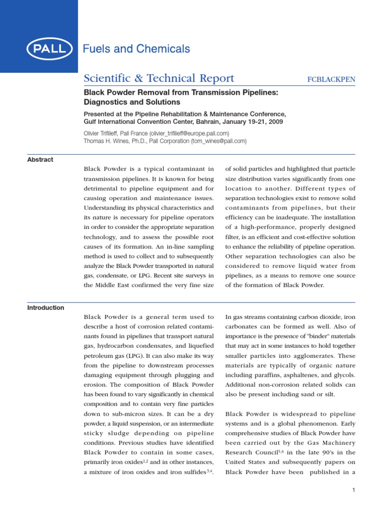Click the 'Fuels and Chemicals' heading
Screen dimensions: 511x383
click(136, 49)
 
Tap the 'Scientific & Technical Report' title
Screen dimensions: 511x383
click(158, 78)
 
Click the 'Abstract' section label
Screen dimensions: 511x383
click(40, 160)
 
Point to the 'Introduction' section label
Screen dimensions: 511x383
click(45, 308)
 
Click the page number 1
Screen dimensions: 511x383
click(354, 490)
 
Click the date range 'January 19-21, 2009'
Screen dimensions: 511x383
click(249, 122)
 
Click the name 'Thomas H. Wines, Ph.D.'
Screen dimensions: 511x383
click(113, 141)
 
